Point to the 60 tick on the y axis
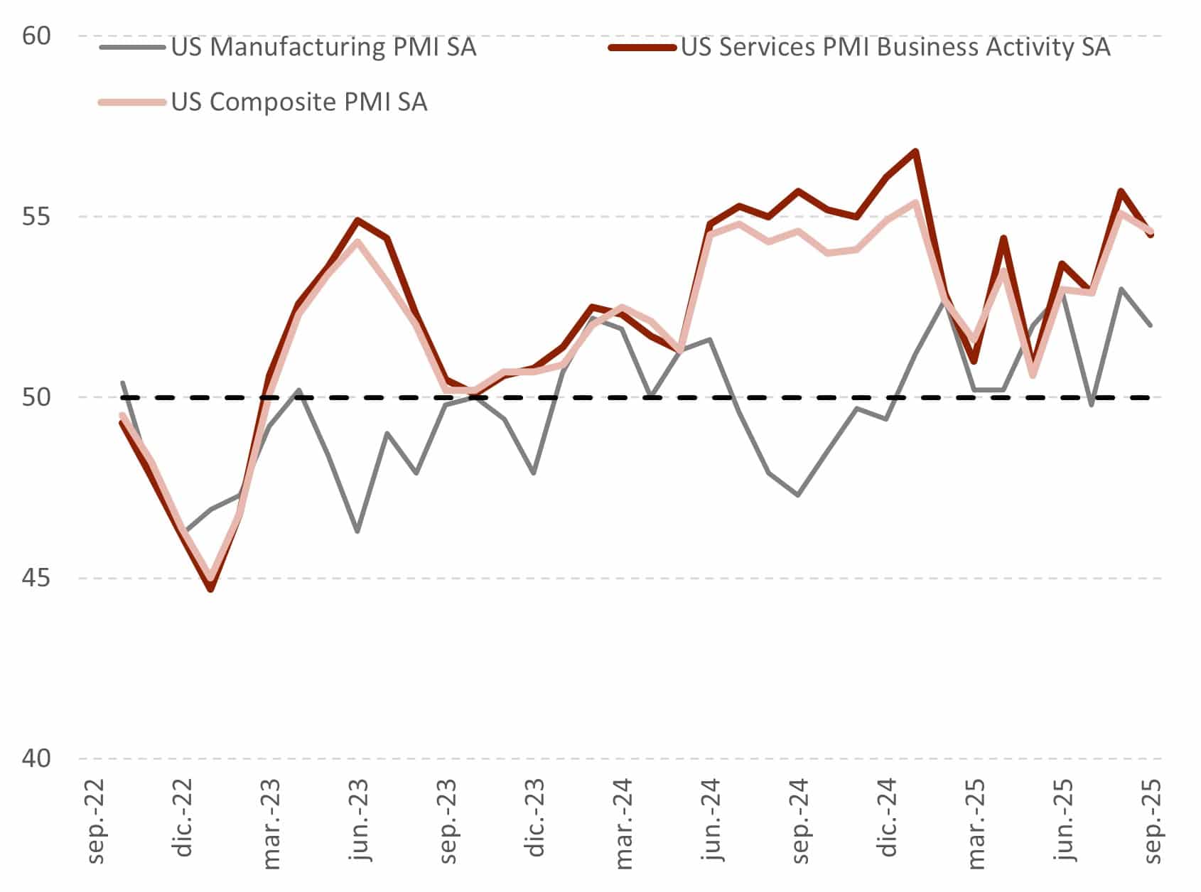pos(37,36)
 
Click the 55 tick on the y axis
pos(37,216)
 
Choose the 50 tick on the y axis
pos(37,397)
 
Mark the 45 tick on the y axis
pos(37,578)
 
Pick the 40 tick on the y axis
pos(37,758)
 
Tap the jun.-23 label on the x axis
pos(360,821)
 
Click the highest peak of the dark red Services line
pos(916,151)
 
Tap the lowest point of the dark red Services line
pos(210,589)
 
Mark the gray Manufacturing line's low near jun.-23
pos(357,531)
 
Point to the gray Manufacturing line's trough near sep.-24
pos(799,495)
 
